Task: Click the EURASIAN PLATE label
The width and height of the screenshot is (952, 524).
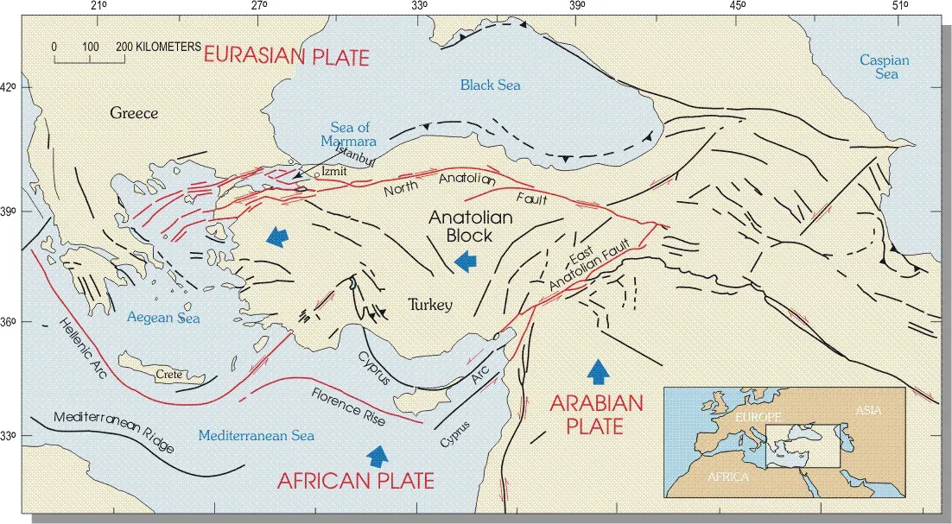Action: click(286, 58)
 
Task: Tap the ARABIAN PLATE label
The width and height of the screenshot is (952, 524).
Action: click(597, 414)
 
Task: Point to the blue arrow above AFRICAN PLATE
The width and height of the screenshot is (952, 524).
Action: click(378, 455)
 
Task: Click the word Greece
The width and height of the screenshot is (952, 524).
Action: click(134, 113)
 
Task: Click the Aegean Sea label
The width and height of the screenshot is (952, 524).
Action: click(163, 318)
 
